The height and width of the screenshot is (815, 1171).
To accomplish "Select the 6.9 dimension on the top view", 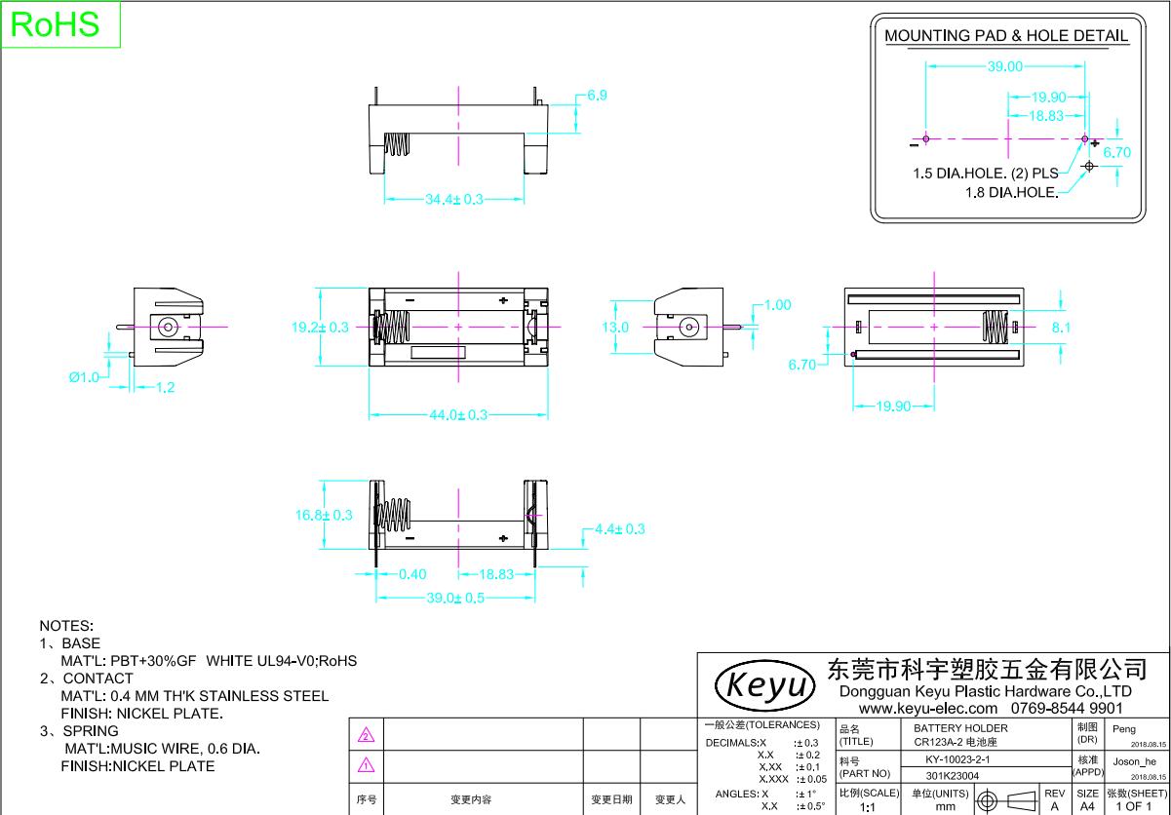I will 597,96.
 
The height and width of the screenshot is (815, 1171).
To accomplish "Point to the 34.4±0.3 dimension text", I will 453,199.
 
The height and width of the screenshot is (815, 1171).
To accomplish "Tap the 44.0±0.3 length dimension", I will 457,415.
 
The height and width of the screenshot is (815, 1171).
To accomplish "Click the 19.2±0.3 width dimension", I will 320,328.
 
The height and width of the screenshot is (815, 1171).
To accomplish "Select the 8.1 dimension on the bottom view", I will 1061,328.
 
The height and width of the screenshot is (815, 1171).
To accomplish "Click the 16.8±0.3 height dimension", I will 323,515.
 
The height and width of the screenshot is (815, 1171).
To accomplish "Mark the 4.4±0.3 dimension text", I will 619,528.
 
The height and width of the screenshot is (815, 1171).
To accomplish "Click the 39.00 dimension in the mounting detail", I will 1005,67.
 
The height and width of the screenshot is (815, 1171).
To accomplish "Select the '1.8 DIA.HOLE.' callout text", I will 1011,192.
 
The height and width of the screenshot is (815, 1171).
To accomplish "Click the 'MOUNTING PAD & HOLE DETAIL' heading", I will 1006,36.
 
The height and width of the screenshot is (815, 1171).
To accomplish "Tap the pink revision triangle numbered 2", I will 367,734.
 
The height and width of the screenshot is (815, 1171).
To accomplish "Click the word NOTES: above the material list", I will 66,625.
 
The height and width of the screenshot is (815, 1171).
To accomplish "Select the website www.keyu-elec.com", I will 927,708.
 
